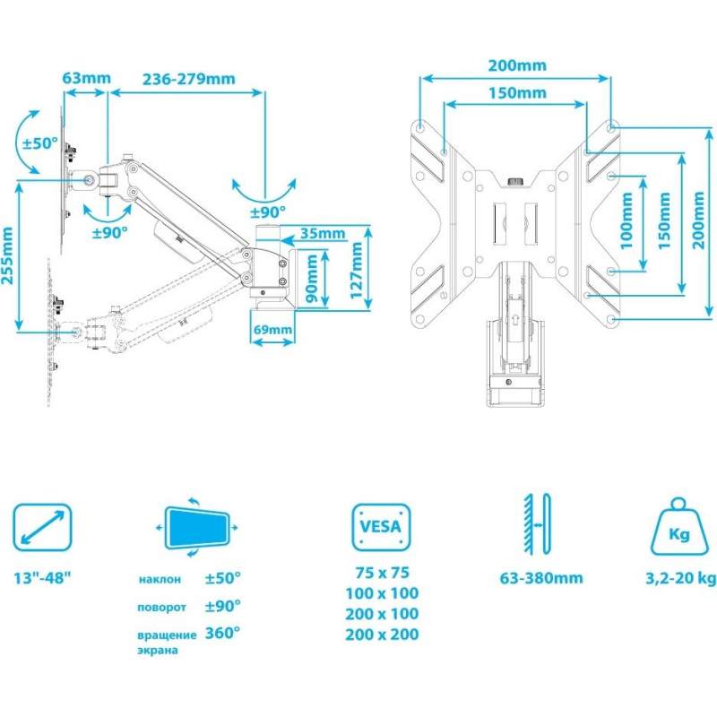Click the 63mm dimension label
point(86,78)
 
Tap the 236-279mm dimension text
point(189,79)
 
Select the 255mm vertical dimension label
point(7,255)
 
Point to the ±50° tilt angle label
point(40,143)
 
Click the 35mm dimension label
point(323,233)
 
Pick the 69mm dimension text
point(272,329)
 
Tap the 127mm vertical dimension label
point(356,270)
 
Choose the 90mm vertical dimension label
point(311,279)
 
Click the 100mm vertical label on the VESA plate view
point(626,220)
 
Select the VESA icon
point(381,527)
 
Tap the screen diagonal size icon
point(42,527)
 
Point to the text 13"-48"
point(42,578)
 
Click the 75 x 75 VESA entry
point(383,573)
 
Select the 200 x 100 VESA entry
point(382,614)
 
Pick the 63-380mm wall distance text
point(541,578)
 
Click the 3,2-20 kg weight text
point(681,578)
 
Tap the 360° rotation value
point(222,634)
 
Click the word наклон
point(160,579)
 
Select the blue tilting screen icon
point(197,527)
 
